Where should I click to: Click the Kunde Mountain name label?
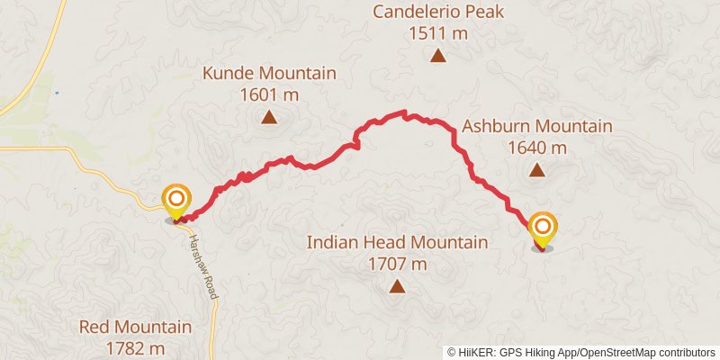269,74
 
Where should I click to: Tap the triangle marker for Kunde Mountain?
269,116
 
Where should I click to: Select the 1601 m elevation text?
269,94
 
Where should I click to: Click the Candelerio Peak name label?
438,13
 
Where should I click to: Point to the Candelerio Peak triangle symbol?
438,56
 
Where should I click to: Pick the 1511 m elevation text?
438,33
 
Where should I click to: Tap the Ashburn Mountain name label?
537,127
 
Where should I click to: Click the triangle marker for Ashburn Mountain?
537,169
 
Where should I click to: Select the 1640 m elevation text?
537,148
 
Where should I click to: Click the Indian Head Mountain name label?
397,243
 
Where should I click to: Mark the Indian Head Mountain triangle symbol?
397,287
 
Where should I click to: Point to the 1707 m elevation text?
397,265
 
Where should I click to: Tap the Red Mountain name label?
135,327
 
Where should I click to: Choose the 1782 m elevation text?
135,347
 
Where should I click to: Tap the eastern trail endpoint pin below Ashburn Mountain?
543,227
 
